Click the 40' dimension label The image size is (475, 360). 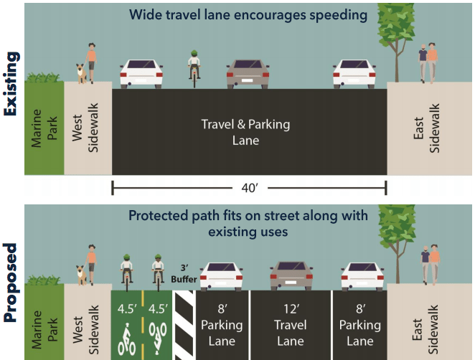coord(248,189)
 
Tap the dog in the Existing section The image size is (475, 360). coord(80,72)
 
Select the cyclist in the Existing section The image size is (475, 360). coord(194,66)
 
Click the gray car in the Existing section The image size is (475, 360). coord(248,73)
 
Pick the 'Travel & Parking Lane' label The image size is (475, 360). coord(245,132)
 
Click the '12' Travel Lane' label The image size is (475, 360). coord(291,324)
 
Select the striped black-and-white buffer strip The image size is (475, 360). coord(185,324)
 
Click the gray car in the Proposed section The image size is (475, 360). coord(291,275)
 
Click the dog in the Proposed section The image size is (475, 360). coord(80,273)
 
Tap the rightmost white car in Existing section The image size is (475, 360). coord(354,73)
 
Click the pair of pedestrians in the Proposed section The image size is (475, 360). coord(429,263)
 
